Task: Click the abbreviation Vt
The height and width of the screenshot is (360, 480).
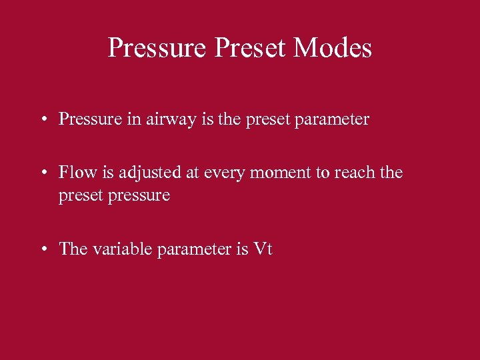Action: [263, 249]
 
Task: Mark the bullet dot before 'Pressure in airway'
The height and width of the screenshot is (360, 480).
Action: [42, 121]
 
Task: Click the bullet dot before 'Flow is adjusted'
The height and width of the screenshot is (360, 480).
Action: [42, 173]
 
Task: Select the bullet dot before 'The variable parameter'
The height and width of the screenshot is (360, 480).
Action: [42, 250]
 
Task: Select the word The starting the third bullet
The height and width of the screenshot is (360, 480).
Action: [73, 249]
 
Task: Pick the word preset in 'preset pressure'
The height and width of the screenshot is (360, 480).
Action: [79, 195]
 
